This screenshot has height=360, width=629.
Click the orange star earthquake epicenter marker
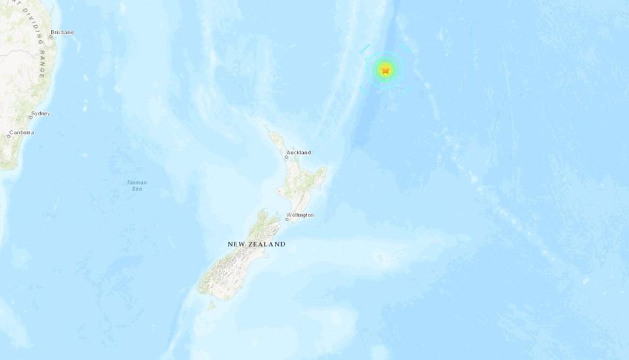385,70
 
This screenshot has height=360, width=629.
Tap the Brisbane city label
62,32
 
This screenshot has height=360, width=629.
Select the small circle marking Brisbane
51,37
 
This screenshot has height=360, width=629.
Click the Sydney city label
41,113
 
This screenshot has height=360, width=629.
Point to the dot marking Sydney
31,118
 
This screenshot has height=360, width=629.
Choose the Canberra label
21,132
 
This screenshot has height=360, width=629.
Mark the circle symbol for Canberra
9,136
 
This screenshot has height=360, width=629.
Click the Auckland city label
298,152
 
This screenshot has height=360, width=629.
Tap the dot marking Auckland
287,157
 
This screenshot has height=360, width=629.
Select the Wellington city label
300,215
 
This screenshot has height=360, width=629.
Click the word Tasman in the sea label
136,183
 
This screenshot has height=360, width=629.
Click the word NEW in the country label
237,244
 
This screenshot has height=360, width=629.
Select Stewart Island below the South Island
211,305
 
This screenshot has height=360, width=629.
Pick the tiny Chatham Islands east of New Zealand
379,256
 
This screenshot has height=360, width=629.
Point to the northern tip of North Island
267,128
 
